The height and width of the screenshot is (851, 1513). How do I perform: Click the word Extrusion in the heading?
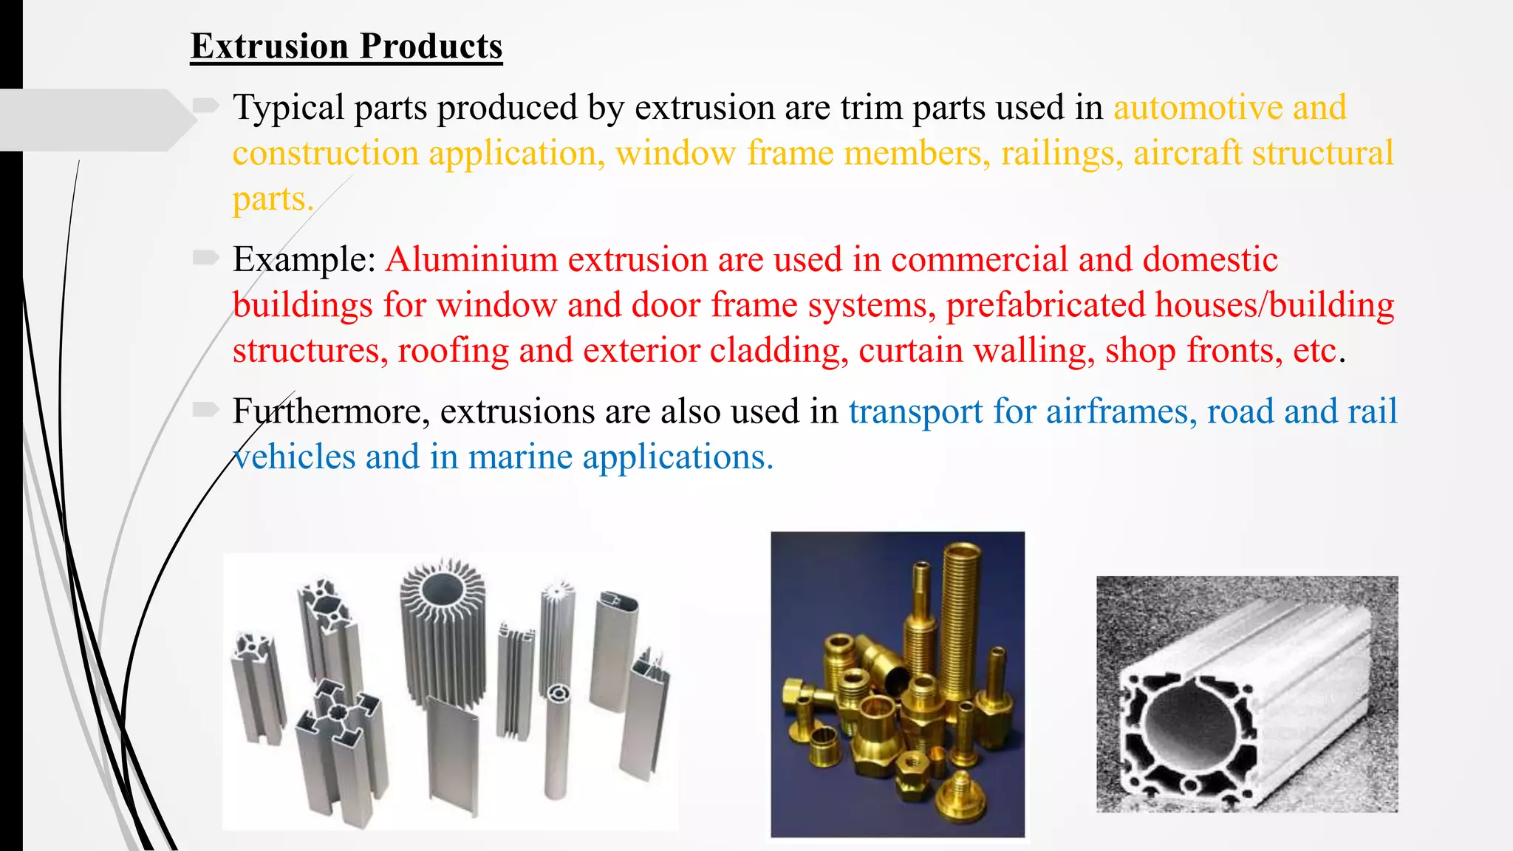[270, 47]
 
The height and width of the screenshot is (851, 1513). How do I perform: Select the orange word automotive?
[1198, 108]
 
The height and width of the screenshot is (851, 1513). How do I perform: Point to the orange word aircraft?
[1187, 154]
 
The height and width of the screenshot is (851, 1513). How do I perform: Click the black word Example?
[303, 260]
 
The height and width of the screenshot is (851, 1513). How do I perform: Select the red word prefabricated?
[1045, 306]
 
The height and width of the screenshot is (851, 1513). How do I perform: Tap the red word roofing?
[453, 351]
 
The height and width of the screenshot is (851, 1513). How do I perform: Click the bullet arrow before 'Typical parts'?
[206, 106]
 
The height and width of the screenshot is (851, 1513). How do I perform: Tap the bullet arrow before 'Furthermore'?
[206, 409]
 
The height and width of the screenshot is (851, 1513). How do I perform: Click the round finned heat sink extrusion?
[443, 628]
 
